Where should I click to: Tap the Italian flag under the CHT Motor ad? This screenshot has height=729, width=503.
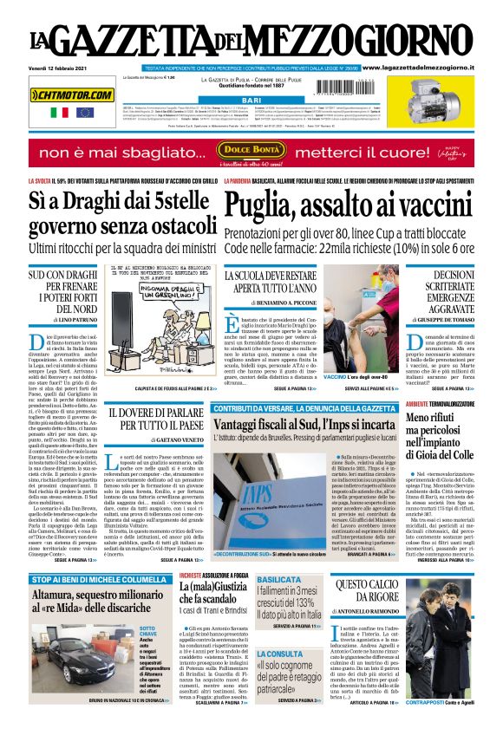coord(59,113)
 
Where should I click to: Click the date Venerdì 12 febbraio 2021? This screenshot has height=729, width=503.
coord(58,66)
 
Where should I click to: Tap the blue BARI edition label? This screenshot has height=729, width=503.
coord(251,101)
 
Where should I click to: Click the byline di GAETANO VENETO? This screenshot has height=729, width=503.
coord(155,441)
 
